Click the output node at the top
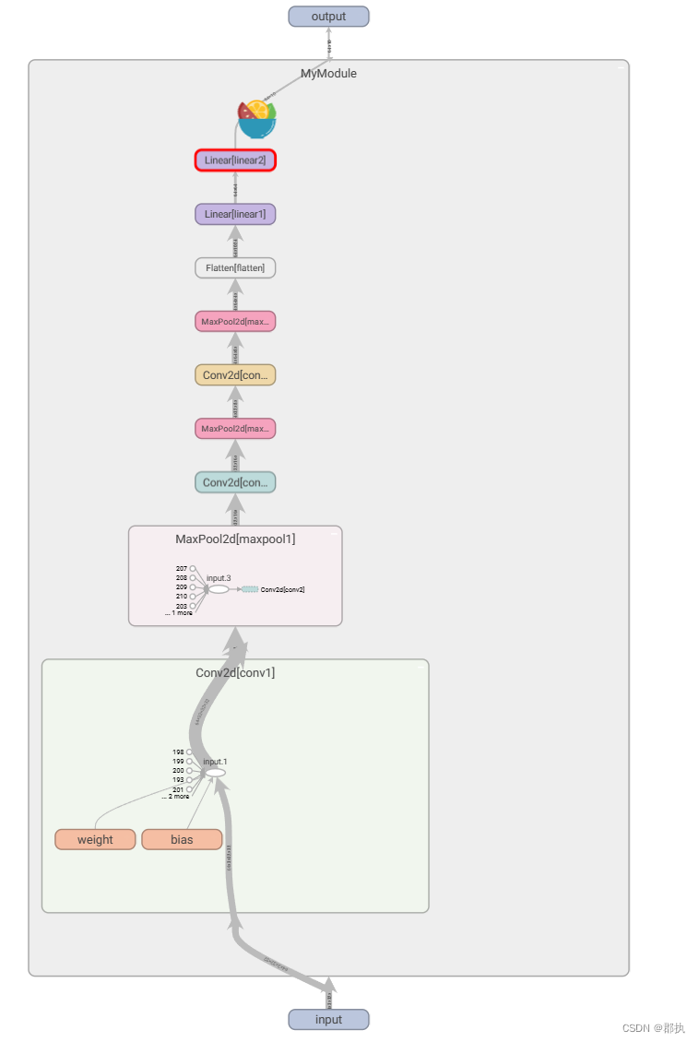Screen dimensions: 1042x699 [x=328, y=17]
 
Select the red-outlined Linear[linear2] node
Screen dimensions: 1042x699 [x=235, y=160]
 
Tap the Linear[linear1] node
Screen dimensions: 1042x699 [x=235, y=214]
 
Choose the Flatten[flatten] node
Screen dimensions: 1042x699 [x=235, y=268]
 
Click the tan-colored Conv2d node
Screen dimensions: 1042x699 [x=235, y=375]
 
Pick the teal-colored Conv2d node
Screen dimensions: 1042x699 [x=235, y=482]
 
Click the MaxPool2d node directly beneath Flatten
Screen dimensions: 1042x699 [x=235, y=322]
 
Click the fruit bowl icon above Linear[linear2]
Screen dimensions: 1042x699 [x=257, y=119]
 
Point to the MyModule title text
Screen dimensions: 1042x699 [x=328, y=74]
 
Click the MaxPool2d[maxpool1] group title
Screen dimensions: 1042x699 [x=235, y=539]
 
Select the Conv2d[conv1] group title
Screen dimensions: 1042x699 [x=235, y=673]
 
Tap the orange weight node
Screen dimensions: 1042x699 [x=95, y=840]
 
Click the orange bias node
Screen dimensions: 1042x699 [x=182, y=840]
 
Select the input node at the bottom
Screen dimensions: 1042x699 [x=328, y=1019]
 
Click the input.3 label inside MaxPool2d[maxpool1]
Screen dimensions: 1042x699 [x=219, y=578]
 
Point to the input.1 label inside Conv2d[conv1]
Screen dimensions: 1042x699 [x=215, y=762]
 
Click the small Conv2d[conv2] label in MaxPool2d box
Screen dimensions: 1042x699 [x=282, y=589]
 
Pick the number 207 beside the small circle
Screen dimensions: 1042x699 [x=182, y=569]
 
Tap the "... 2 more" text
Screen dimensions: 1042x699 [x=175, y=797]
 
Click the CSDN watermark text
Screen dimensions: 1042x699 [x=653, y=1028]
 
